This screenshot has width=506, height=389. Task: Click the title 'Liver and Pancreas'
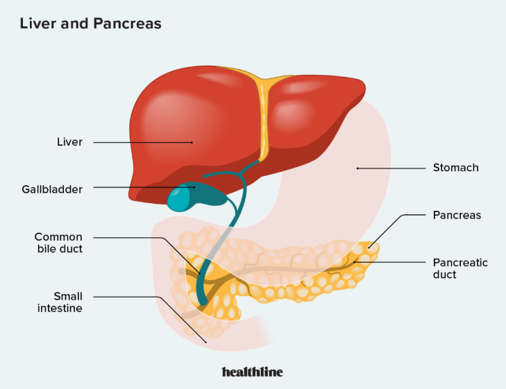[x=90, y=24]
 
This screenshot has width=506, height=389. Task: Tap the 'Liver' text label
[x=69, y=142]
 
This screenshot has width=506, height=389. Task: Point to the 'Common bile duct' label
[x=58, y=243]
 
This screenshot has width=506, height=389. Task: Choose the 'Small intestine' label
[x=58, y=302]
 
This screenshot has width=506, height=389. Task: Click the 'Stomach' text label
[x=455, y=168]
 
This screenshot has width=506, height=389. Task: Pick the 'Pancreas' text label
[x=457, y=216]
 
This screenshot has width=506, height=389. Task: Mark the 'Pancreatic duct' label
[x=460, y=268]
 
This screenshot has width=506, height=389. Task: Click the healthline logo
[x=253, y=372]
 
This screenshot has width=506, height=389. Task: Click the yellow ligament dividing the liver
[x=262, y=114]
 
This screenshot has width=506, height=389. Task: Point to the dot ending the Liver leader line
[x=192, y=142]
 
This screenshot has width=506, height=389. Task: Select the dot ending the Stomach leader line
[x=357, y=168]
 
